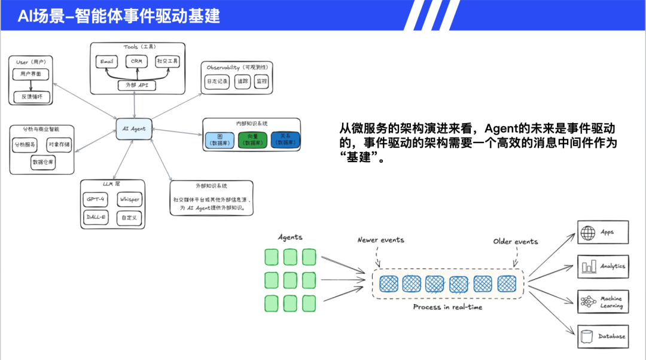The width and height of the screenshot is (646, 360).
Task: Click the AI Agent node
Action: click(134, 129)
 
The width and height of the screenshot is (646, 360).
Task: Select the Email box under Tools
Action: click(107, 61)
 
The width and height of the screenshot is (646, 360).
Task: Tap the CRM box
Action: click(138, 61)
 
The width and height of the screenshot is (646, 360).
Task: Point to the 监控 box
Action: click(261, 81)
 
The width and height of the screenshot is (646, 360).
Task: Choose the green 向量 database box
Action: click(252, 140)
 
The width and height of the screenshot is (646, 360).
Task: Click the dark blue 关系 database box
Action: click(285, 140)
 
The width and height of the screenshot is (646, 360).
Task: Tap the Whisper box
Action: click(129, 199)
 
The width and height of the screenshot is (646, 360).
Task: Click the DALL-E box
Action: click(96, 217)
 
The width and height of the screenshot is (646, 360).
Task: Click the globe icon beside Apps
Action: click(587, 232)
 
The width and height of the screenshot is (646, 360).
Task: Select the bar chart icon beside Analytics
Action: click(587, 266)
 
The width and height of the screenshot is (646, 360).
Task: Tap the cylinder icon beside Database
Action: click(587, 336)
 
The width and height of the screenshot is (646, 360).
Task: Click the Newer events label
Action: click(380, 240)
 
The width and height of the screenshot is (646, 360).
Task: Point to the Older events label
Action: click(515, 241)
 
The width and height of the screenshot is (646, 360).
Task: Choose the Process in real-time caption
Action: click(447, 307)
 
